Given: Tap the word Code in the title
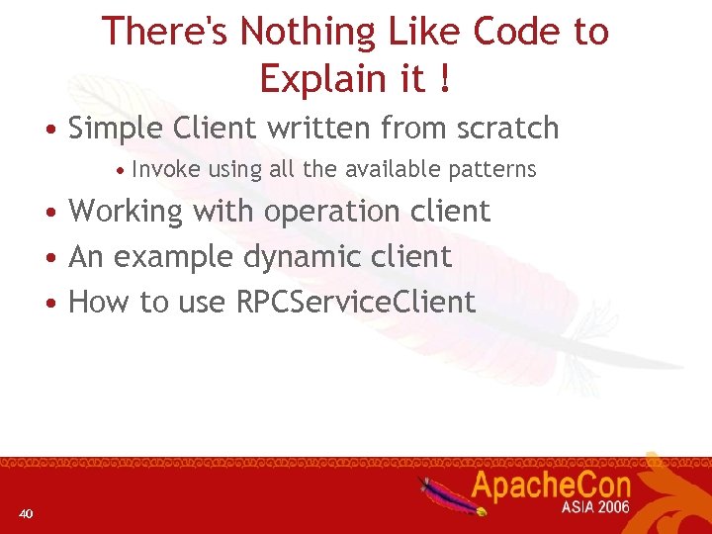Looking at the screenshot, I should pos(514,33).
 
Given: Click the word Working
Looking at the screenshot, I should pos(126,212).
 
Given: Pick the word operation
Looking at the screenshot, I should pos(324,212).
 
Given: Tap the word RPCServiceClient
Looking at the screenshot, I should pos(356,302).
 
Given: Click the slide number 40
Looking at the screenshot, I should pos(26,513).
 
